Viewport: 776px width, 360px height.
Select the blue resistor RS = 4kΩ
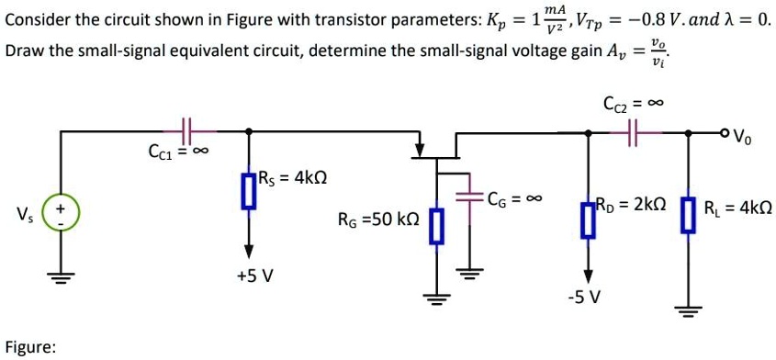[247, 192]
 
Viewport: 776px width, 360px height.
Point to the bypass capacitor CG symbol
[471, 196]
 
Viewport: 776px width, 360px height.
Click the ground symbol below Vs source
[62, 277]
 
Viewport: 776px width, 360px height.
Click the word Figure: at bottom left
[30, 347]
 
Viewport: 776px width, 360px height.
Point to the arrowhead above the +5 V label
[247, 250]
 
